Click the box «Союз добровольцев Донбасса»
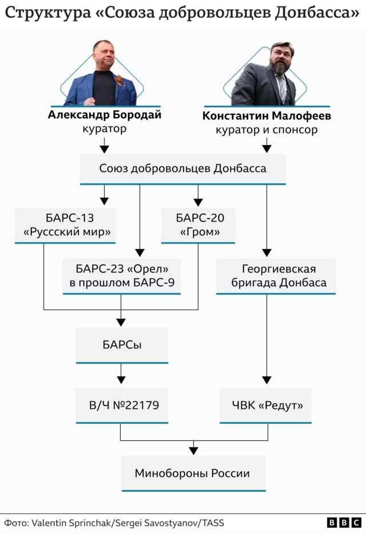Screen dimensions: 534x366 click(x=182, y=169)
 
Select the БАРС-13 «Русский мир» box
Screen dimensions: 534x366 click(x=66, y=225)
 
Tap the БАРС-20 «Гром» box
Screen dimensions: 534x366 click(x=198, y=225)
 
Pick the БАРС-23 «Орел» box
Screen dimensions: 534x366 click(x=121, y=275)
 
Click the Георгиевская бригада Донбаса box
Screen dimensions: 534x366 click(x=276, y=275)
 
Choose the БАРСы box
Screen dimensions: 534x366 click(x=121, y=345)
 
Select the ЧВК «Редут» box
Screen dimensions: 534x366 click(x=266, y=405)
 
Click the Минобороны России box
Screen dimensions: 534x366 click(x=193, y=473)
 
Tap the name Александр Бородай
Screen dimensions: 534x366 click(x=104, y=115)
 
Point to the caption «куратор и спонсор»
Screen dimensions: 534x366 click(x=266, y=130)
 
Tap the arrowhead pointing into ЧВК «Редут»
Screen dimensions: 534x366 click(x=267, y=380)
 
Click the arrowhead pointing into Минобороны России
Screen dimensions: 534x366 click(x=194, y=450)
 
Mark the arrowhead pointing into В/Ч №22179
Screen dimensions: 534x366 click(x=121, y=379)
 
